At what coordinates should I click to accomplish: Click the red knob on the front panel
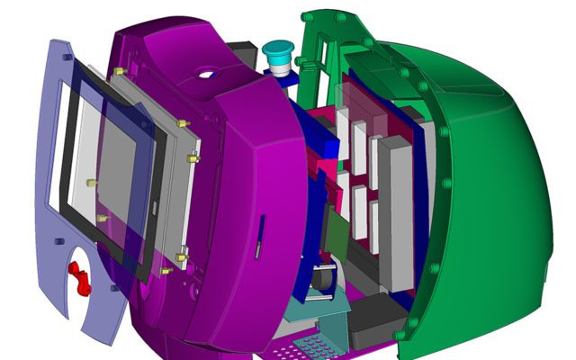[82, 278]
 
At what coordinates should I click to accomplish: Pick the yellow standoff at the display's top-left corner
[119, 71]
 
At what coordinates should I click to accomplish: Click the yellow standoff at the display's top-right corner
[183, 122]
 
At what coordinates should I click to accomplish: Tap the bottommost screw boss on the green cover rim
[398, 336]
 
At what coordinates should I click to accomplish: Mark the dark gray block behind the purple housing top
[241, 50]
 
